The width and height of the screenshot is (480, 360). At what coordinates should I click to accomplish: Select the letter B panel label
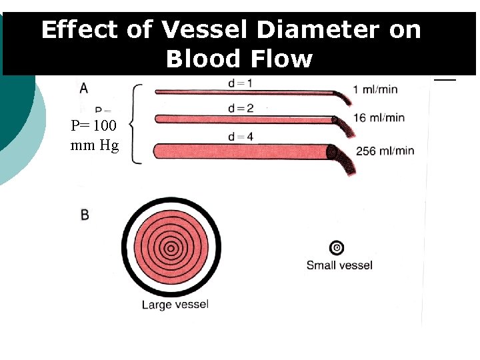85,215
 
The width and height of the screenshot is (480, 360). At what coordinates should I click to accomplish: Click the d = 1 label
239,82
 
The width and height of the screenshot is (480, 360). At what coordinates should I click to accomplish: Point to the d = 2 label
241,108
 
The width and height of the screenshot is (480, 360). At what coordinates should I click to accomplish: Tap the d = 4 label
241,137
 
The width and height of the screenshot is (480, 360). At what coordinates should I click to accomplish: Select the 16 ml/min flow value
379,118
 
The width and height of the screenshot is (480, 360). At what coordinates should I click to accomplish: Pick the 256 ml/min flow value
385,151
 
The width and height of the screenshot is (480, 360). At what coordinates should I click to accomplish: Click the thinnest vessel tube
247,92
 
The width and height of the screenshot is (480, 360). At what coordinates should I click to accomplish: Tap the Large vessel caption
175,305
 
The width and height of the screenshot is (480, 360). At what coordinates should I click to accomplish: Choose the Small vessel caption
339,265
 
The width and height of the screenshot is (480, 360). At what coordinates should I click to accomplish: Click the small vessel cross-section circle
337,248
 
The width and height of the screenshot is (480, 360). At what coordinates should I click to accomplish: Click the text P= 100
94,125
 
